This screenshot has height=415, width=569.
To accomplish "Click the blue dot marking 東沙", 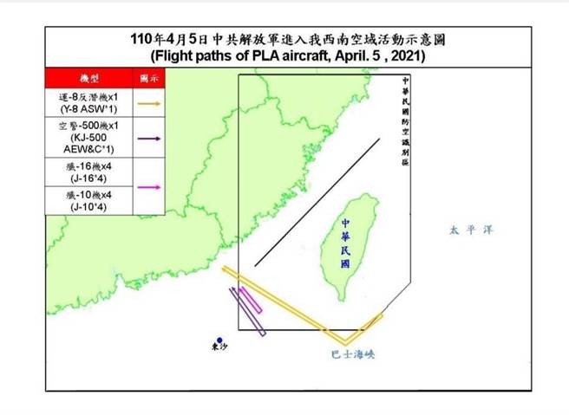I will (220, 340).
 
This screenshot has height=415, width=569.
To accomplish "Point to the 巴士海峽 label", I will (352, 354).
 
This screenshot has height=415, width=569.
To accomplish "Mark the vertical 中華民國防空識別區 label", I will (404, 122).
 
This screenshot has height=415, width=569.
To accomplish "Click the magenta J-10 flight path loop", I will (251, 302).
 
